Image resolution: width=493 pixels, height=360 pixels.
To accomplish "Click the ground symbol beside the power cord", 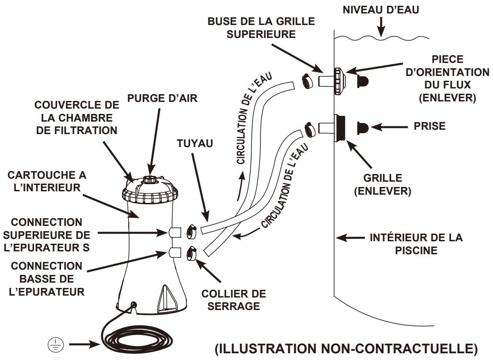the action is pos(56,345).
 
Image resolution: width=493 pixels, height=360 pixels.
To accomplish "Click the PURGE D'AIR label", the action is pos(162,98).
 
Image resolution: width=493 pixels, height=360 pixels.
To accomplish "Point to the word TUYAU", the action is pos(195,143).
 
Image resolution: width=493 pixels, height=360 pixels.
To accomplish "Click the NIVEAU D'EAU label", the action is pos(381,10).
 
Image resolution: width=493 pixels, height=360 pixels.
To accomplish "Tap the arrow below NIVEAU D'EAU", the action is pos(381,27).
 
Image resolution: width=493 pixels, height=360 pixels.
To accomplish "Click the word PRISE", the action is pos(430,126).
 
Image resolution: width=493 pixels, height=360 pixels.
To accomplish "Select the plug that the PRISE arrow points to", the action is pos(362,128).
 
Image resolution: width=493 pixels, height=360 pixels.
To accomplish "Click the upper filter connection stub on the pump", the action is pos(175,232).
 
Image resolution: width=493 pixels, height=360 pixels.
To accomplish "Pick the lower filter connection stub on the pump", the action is pos(175,252).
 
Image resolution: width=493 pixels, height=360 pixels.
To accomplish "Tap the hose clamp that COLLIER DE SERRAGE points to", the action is pos(191,253).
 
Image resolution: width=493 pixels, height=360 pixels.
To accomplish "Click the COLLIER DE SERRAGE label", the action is pos(234,300).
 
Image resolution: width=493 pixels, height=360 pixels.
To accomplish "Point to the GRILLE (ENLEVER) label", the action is pos(382,185).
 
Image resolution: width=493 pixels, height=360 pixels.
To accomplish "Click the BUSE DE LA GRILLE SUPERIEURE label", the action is pos(261,28).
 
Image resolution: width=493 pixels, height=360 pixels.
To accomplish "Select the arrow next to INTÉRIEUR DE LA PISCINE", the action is pos(350,238).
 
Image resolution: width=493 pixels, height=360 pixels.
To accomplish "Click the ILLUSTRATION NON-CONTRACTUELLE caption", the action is pos(346,348).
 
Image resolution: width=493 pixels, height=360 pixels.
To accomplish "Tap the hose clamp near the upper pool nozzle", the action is pos(307,81).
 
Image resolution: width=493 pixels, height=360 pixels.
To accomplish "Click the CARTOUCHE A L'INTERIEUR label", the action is pos(47,181).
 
